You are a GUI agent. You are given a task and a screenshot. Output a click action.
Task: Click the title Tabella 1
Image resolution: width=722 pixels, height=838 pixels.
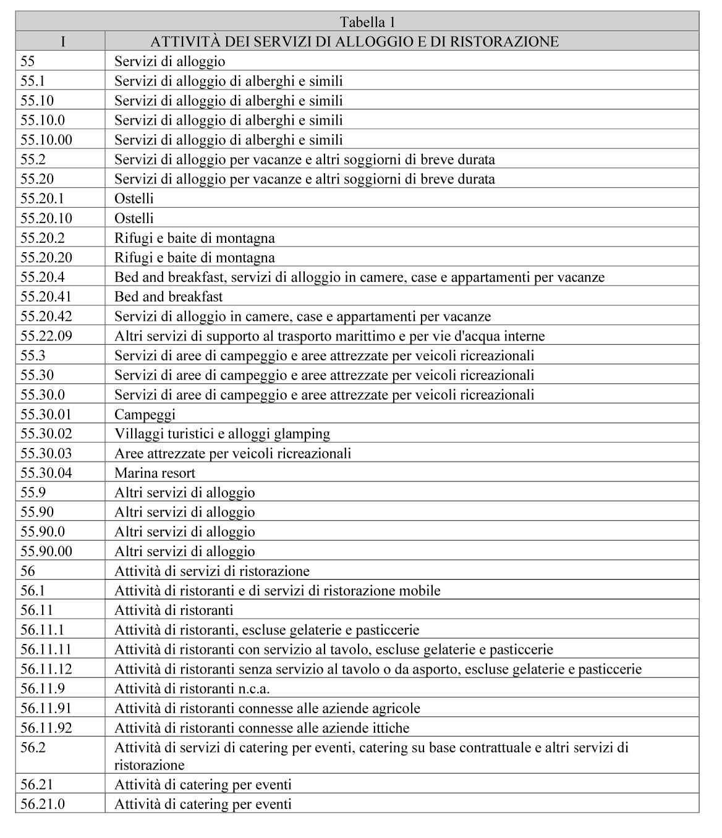[367, 22]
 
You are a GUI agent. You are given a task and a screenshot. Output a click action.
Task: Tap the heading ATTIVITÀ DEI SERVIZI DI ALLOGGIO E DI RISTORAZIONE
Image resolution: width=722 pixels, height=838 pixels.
[354, 41]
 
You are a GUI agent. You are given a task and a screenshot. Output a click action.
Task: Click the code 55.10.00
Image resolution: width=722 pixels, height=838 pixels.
[46, 140]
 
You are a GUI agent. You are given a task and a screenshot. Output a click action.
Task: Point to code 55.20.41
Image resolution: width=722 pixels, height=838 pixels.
[46, 297]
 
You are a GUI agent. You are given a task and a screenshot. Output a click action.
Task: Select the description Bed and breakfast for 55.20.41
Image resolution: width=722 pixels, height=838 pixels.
[168, 297]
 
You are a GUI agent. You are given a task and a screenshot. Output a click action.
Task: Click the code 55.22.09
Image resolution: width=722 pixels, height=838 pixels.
[46, 336]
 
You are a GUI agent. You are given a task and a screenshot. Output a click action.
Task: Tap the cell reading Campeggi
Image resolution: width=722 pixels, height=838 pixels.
[145, 415]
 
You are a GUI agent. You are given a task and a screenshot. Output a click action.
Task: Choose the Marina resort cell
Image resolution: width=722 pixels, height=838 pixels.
[155, 473]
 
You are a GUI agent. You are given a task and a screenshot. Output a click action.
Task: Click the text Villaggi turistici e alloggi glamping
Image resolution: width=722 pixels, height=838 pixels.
[222, 434]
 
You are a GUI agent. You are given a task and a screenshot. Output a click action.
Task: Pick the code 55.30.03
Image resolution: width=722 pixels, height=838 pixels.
[46, 454]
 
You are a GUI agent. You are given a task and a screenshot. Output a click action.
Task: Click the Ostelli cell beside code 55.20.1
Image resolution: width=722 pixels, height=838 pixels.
[134, 198]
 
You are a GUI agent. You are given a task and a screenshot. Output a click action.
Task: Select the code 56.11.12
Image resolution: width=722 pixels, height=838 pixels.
[46, 669]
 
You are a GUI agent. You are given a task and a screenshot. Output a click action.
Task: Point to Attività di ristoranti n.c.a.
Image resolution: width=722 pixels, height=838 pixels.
[192, 688]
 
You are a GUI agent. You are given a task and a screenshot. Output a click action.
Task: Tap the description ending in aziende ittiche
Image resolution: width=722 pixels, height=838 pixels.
[261, 728]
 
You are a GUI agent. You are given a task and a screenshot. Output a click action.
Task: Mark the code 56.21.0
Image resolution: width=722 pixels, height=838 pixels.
[43, 804]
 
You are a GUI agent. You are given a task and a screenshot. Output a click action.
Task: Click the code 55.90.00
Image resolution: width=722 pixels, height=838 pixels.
[46, 551]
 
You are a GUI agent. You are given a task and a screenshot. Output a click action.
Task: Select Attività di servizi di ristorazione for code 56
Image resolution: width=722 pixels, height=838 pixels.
[211, 571]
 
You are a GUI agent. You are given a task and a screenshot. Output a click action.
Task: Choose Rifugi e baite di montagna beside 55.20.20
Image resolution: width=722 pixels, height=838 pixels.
[194, 258]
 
